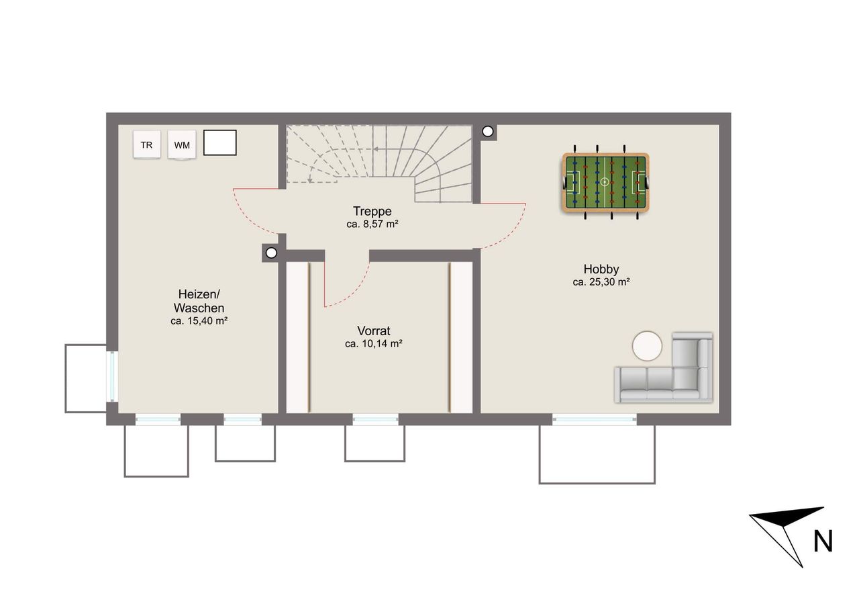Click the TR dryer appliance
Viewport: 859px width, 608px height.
(146, 144)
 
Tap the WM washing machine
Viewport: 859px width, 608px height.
(182, 144)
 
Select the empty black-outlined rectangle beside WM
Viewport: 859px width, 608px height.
(219, 142)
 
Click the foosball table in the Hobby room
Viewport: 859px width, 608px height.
(605, 182)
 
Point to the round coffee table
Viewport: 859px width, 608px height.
(647, 346)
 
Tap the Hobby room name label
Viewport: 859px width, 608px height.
(601, 269)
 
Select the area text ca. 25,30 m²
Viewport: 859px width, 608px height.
(601, 282)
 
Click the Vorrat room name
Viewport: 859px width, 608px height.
(374, 331)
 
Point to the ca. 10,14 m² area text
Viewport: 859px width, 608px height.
(374, 343)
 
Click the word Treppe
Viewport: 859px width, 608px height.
(372, 211)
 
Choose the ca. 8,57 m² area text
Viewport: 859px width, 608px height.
(372, 224)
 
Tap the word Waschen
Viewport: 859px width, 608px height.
(199, 308)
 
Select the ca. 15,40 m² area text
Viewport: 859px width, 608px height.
(199, 320)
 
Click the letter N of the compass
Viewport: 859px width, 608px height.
(823, 541)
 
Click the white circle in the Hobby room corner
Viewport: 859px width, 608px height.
(487, 131)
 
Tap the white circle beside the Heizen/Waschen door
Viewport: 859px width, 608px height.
(271, 253)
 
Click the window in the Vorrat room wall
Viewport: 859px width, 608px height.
(375, 419)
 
